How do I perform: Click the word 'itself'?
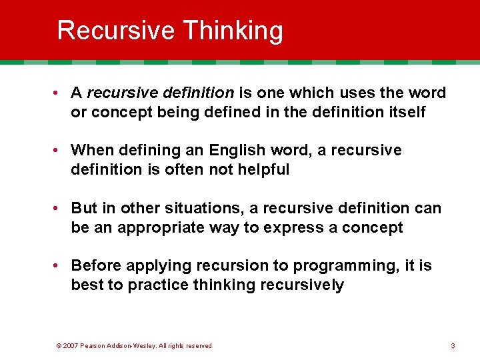tap(403, 111)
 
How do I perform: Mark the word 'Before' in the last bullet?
tap(95, 265)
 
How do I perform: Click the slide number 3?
tap(453, 345)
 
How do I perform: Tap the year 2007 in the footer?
tap(71, 345)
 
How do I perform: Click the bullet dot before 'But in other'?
tap(59, 208)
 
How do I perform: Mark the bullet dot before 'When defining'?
tap(59, 150)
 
